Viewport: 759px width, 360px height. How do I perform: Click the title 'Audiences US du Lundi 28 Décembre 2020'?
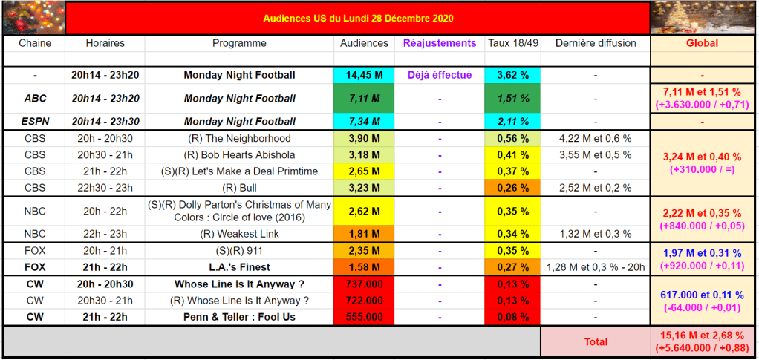point(358,18)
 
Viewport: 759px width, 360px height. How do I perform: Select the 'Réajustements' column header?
point(440,43)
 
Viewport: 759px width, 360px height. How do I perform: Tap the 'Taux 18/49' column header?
point(512,43)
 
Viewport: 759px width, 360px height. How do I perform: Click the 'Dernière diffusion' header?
point(596,43)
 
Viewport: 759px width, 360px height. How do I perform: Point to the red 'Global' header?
point(702,43)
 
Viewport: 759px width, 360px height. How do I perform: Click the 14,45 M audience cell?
point(364,75)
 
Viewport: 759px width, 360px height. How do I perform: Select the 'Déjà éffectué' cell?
point(440,75)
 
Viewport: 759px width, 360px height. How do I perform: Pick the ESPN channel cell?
point(35,121)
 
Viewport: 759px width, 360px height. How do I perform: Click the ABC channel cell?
point(35,98)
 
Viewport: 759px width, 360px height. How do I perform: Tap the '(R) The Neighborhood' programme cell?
point(239,139)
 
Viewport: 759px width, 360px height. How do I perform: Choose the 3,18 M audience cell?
point(364,155)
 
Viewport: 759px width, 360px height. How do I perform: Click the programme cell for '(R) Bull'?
point(239,188)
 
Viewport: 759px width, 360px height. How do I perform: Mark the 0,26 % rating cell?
point(512,188)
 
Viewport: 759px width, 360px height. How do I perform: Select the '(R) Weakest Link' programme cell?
point(239,235)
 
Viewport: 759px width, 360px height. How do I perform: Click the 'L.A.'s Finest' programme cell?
point(239,267)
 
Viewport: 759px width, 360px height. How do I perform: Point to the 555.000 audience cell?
point(364,316)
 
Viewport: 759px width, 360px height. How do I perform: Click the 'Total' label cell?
point(596,341)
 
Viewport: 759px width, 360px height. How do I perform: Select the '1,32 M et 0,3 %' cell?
point(596,235)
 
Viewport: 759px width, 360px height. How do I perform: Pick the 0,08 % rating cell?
point(512,316)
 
